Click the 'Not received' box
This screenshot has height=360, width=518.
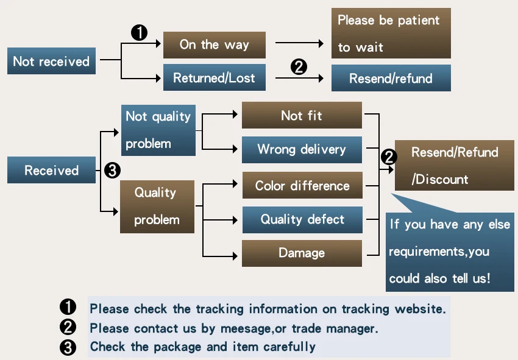pyautogui.click(x=52, y=61)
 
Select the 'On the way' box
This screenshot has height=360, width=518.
pyautogui.click(x=215, y=45)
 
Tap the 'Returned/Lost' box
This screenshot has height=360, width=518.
pyautogui.click(x=215, y=77)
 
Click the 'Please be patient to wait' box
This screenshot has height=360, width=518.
pyautogui.click(x=391, y=34)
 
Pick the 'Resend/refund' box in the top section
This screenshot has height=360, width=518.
pyautogui.click(x=391, y=78)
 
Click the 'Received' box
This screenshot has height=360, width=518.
pyautogui.click(x=52, y=170)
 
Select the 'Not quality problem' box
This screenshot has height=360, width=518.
pyautogui.click(x=158, y=130)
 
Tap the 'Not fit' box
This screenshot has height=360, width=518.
pyautogui.click(x=302, y=115)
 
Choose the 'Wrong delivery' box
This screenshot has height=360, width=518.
pyautogui.click(x=302, y=150)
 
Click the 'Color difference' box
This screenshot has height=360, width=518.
pyautogui.click(x=303, y=185)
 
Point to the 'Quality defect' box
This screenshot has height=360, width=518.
pyautogui.click(x=303, y=220)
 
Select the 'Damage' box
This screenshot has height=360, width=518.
pyautogui.click(x=302, y=253)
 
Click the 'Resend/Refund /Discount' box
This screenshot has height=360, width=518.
pyautogui.click(x=455, y=166)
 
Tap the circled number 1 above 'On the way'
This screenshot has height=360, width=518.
pyautogui.click(x=139, y=33)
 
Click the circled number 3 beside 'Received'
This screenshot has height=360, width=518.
pyautogui.click(x=112, y=171)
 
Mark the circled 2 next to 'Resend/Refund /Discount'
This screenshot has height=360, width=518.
pyautogui.click(x=389, y=157)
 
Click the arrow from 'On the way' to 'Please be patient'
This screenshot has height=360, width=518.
pyautogui.click(x=299, y=43)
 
